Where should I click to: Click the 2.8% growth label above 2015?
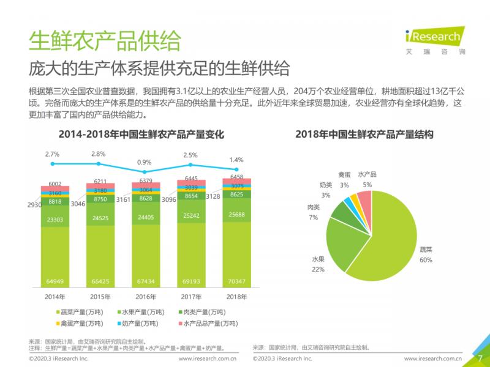(97, 154)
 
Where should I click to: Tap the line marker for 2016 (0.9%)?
(145, 171)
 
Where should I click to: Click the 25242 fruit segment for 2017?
(191, 215)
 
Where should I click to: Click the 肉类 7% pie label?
(313, 212)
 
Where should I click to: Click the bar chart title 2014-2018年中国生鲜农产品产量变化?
(141, 134)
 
